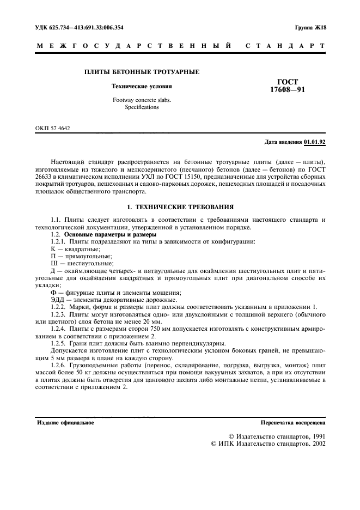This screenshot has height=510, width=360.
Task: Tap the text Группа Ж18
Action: (309, 27)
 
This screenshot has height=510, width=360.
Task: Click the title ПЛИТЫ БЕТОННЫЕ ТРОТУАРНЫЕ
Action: (141, 72)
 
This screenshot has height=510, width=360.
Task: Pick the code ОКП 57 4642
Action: (53, 128)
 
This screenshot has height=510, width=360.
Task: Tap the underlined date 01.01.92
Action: (314, 142)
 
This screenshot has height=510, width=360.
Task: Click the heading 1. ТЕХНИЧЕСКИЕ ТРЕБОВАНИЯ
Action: (180, 207)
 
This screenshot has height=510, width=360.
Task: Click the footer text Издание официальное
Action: (65, 422)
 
